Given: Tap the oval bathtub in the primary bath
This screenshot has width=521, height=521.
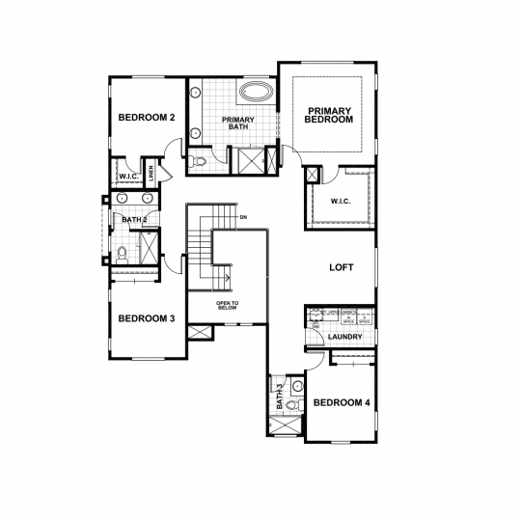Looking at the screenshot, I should point(255,94).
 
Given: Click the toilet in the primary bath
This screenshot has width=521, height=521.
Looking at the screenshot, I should point(198,161).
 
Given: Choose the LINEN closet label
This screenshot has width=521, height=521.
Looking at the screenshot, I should point(151,175).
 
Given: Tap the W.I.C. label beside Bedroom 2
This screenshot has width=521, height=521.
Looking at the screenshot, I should point(128,177).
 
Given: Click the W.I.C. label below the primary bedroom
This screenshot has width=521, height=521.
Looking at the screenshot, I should point(340,202).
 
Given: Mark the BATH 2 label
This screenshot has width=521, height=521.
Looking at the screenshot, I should point(134,220).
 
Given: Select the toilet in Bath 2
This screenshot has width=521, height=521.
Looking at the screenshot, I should point(122,256).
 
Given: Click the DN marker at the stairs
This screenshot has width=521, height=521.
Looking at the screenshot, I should point(244,217).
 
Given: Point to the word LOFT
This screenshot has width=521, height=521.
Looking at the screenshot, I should point(342,267).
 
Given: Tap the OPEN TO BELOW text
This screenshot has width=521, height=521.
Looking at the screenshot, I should point(228,307).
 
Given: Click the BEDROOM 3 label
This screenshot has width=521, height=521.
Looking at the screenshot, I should point(146,318).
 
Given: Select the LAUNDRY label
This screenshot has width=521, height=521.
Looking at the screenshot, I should point(345,337).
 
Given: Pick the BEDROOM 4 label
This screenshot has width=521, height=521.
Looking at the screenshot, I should point(343,402).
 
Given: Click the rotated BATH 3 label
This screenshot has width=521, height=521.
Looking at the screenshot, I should point(279,396).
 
